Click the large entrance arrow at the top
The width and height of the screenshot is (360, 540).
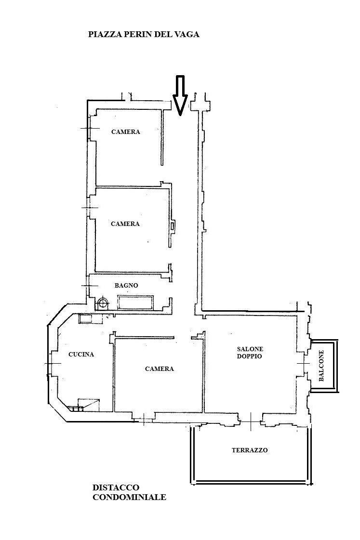tap(180, 95)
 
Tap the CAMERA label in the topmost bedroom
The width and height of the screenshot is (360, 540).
tap(126, 132)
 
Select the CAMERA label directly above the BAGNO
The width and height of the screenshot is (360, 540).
tap(125, 224)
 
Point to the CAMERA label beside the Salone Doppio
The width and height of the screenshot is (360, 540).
tap(160, 369)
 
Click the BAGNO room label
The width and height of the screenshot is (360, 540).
tap(126, 286)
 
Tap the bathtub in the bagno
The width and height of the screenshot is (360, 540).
tap(136, 303)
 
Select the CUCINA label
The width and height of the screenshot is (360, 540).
tap(81, 355)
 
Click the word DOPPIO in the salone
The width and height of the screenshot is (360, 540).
tap(250, 356)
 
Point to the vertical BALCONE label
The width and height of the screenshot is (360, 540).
tap(321, 366)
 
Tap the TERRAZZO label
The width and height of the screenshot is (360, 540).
tap(250, 450)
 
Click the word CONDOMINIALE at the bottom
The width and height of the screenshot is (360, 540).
tap(130, 497)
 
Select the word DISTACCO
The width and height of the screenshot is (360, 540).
tap(116, 487)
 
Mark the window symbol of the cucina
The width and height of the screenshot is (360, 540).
tap(53, 364)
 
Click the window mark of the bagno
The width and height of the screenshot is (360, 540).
tap(90, 286)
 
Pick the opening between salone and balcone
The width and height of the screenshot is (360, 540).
tap(304, 364)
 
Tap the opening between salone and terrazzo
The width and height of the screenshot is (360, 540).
tap(251, 421)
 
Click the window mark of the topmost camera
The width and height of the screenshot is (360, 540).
tap(90, 129)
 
